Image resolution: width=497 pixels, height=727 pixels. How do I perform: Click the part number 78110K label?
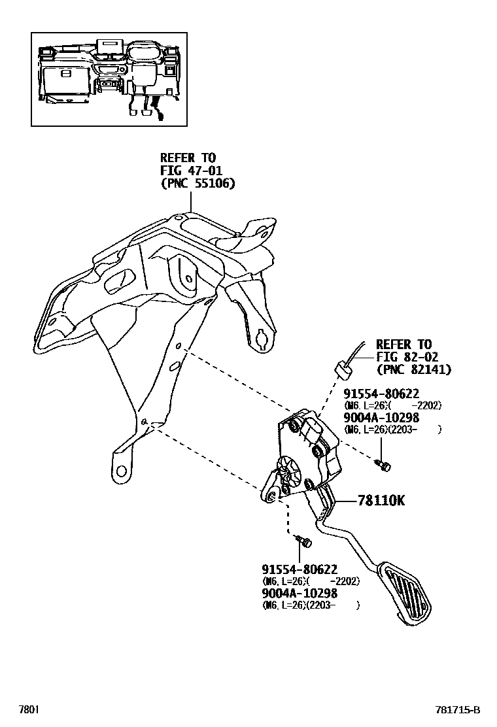tap(381, 501)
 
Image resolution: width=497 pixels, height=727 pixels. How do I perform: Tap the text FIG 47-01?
tap(188, 171)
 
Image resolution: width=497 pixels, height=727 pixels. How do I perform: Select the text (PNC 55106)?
tap(197, 184)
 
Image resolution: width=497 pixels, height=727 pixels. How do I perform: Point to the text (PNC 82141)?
tap(413, 369)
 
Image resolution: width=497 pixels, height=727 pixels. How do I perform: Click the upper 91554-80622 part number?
tap(381, 394)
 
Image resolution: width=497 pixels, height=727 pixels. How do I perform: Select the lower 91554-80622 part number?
tap(300, 569)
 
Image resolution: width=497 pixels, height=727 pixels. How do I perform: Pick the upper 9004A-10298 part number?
tap(381, 418)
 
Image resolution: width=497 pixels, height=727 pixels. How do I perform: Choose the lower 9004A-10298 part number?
tap(300, 593)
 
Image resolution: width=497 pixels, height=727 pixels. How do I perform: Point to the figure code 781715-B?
tap(458, 710)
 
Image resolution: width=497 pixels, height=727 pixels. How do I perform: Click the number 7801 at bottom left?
tap(29, 710)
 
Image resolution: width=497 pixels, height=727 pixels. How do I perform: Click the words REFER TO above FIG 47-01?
tap(188, 158)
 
